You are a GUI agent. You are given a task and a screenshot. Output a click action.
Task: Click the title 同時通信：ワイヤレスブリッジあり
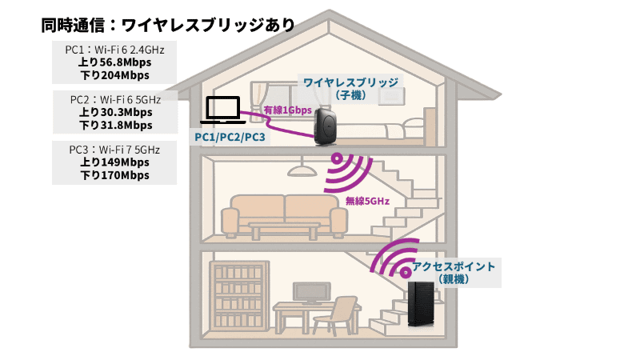168,25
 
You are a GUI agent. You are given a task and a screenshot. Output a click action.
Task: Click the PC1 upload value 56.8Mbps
114,62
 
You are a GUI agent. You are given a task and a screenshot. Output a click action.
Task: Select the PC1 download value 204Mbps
114,76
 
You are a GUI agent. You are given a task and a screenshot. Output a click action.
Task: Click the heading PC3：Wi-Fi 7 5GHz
113,149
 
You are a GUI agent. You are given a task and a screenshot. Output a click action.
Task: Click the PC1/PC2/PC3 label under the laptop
230,138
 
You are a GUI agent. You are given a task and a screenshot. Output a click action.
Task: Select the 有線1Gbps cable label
287,110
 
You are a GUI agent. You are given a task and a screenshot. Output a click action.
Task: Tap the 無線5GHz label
367,202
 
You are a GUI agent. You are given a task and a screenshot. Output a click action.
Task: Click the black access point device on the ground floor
423,303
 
